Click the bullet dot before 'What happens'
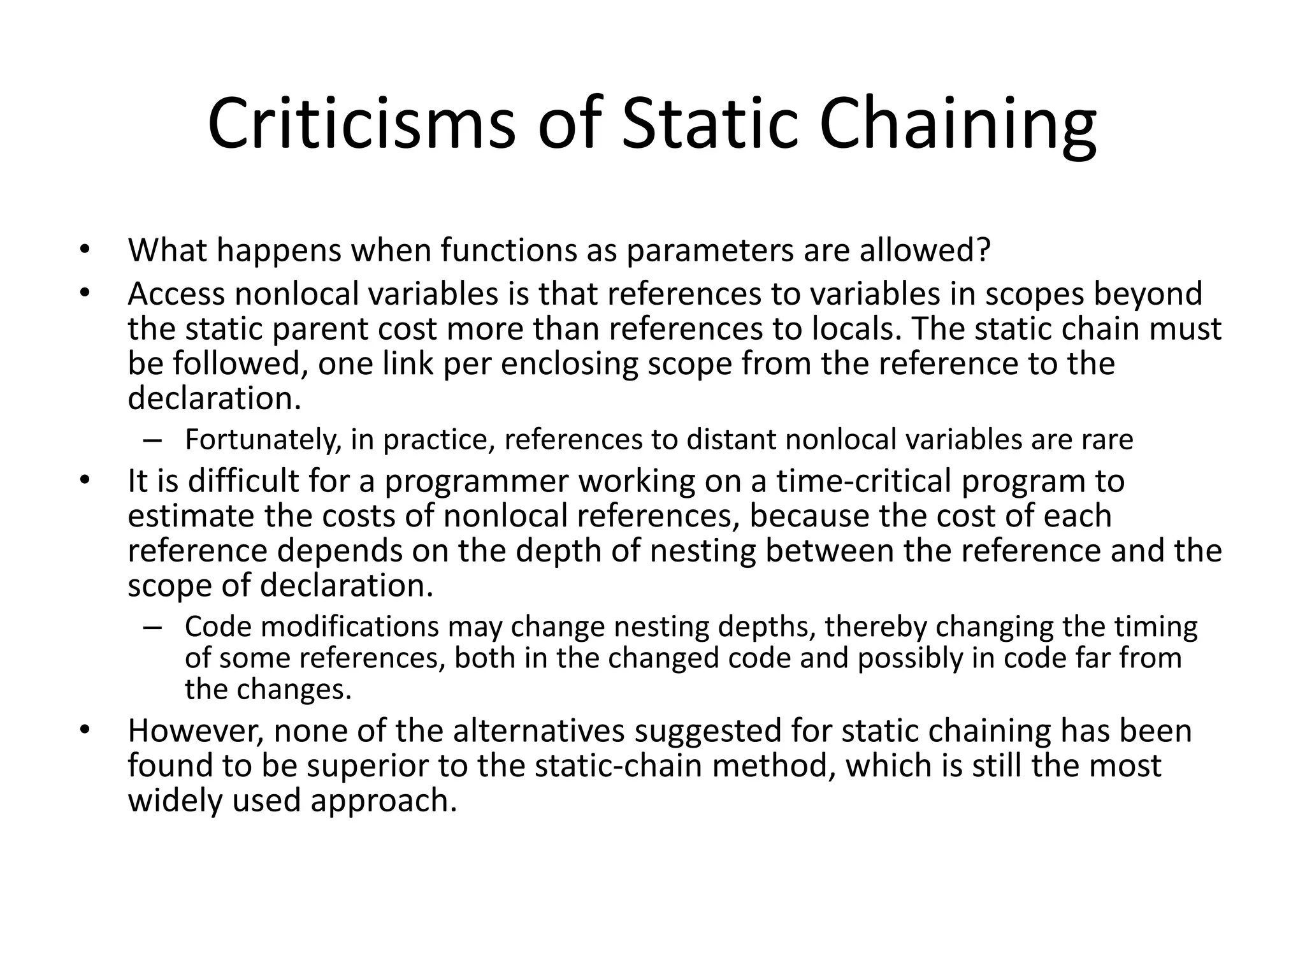pyautogui.click(x=83, y=250)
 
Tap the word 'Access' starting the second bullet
pyautogui.click(x=177, y=294)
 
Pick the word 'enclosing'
pyautogui.click(x=560, y=364)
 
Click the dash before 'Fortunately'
pyautogui.click(x=153, y=440)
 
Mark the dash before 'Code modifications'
pyautogui.click(x=153, y=627)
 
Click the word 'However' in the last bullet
pyautogui.click(x=196, y=731)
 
